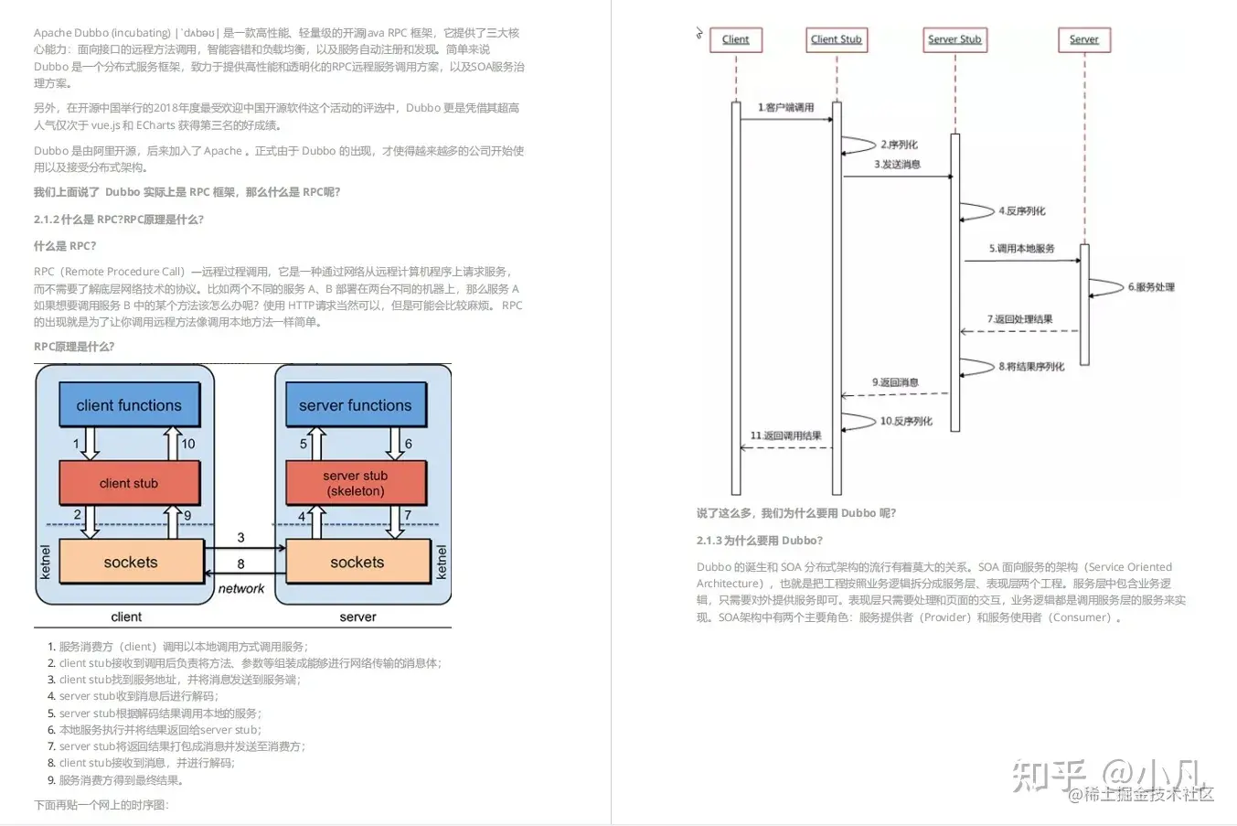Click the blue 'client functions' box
[x=129, y=405]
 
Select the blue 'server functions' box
[x=355, y=405]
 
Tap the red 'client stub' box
[x=129, y=483]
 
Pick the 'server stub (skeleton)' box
[x=355, y=483]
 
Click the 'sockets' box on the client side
[x=131, y=562]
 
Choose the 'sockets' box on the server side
[x=357, y=562]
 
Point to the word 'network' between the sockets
[x=241, y=589]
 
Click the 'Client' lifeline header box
[x=735, y=39]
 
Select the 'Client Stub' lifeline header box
[x=836, y=39]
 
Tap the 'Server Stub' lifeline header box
[x=954, y=39]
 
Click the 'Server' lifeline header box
[x=1084, y=39]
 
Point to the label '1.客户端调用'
[x=785, y=108]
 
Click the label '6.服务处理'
[x=1151, y=287]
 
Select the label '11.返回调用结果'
[x=785, y=435]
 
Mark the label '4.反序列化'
[x=1021, y=211]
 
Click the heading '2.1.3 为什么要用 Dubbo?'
[x=760, y=541]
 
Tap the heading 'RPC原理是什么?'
[x=74, y=347]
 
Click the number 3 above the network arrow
[x=241, y=537]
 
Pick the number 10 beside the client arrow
[x=188, y=444]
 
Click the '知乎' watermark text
[x=1049, y=776]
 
